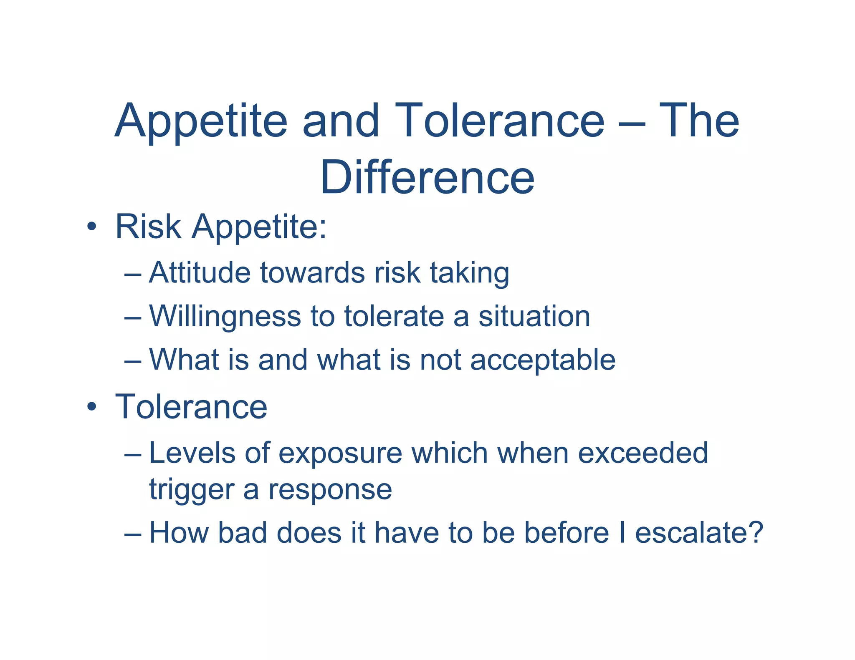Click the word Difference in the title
pos(427,177)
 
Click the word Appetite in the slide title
pos(201,121)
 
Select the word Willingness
pos(225,317)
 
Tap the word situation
pos(534,316)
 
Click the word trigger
pos(191,490)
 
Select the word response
pos(330,490)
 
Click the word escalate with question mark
pos(698,533)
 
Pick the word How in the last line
pos(179,533)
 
